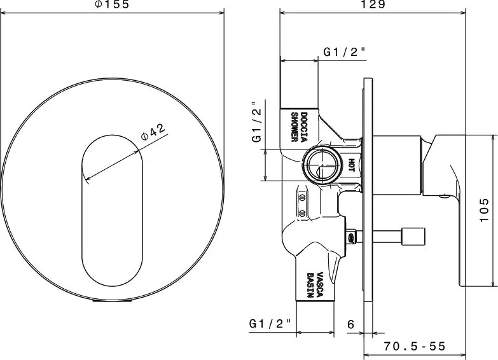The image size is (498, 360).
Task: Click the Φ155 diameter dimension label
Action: tap(113, 4)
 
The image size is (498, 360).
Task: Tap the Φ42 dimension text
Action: tap(153, 132)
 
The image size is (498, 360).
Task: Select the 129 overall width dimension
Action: tap(373, 4)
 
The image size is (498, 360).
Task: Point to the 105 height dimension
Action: tap(484, 210)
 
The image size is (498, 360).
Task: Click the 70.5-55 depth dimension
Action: tap(415, 346)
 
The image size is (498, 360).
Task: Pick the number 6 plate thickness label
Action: tap(350, 324)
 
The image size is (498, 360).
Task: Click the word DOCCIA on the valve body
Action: tap(304, 127)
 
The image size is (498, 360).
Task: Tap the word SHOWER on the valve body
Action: tap(294, 127)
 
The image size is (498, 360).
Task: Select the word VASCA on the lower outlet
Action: tap(319, 284)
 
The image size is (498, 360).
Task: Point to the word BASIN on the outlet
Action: tap(310, 285)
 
